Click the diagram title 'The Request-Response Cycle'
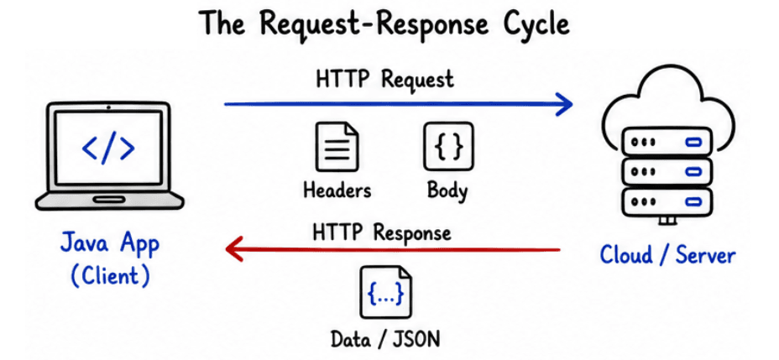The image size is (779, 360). click(x=384, y=24)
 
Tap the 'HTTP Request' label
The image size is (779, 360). click(x=384, y=80)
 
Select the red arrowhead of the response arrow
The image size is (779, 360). click(x=234, y=248)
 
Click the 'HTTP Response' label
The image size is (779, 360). click(x=382, y=232)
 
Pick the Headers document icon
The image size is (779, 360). click(x=337, y=147)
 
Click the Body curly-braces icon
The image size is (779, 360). click(x=448, y=146)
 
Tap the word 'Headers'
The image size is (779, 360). click(x=337, y=190)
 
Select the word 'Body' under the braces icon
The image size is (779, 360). click(x=447, y=191)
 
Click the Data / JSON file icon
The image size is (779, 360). click(x=385, y=293)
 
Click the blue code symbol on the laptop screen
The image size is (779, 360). click(x=108, y=148)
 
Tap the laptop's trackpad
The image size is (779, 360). click(x=109, y=200)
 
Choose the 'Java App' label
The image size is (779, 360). click(x=110, y=245)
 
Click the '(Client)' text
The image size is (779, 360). click(x=110, y=276)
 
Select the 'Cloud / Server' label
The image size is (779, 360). click(x=667, y=255)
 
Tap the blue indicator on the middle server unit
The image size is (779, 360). click(x=693, y=172)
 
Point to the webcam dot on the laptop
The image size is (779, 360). click(x=108, y=107)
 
